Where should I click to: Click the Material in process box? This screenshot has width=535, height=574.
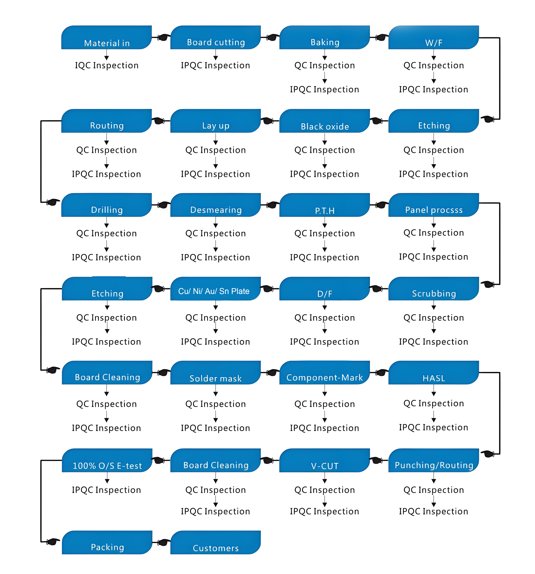pos(106,37)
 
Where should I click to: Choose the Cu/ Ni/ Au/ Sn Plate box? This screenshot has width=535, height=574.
pos(216,289)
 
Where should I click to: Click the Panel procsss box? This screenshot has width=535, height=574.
pos(434,205)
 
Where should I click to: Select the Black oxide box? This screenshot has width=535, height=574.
pos(325,121)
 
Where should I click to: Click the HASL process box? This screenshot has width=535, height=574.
pos(434,373)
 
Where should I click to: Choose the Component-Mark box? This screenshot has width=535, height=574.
pos(325,373)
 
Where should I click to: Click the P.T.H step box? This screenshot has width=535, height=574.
pos(325,205)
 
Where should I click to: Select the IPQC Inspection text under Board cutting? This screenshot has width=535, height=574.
pos(216,66)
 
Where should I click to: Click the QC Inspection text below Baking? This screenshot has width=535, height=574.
pos(325,66)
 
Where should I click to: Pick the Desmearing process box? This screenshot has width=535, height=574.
pos(216,205)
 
